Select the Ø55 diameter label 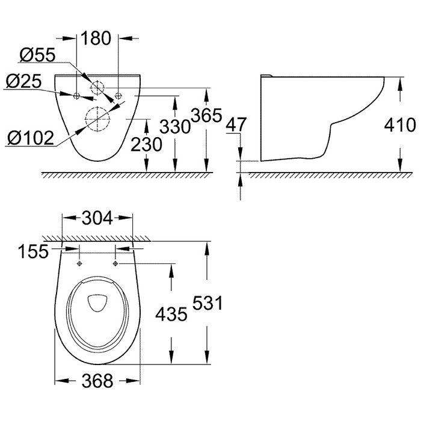[x=37, y=56]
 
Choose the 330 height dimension [x=176, y=126]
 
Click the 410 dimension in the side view [x=399, y=125]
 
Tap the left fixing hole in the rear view [x=76, y=96]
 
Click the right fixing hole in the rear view [x=118, y=96]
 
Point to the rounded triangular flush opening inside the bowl [x=97, y=304]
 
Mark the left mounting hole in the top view [x=79, y=264]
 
